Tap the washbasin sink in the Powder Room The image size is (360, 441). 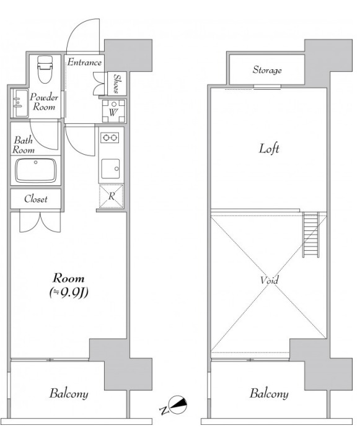[x=20, y=103]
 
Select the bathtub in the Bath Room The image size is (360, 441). [x=36, y=170]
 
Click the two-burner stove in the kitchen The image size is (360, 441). [x=110, y=138]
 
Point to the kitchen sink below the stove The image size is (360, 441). [x=110, y=168]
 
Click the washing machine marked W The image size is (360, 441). [x=113, y=111]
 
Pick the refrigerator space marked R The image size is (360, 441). [x=112, y=196]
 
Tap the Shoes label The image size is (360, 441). [x=116, y=83]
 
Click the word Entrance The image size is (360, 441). [x=84, y=62]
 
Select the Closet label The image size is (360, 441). [x=36, y=199]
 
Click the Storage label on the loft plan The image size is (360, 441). [x=267, y=70]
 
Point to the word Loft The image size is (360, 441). [x=269, y=149]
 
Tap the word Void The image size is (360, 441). [x=269, y=280]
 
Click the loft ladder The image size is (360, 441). [x=311, y=235]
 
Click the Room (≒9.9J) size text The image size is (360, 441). [x=69, y=286]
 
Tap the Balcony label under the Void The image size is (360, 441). [x=269, y=394]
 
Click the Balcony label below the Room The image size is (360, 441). [x=69, y=393]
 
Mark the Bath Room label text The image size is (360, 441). [x=24, y=145]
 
